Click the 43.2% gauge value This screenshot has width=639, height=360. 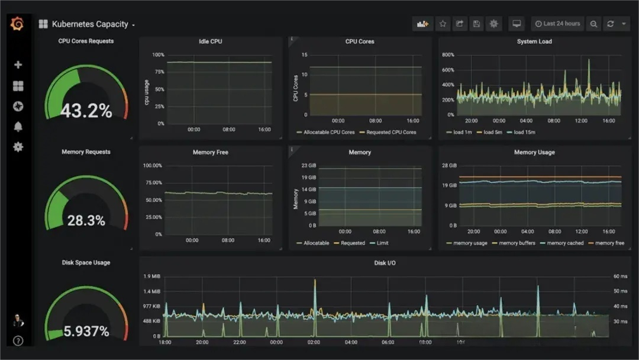86,111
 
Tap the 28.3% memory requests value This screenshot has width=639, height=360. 86,221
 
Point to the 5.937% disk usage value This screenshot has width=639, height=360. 86,332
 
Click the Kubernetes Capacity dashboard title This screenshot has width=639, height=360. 90,24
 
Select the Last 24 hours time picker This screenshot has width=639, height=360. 557,24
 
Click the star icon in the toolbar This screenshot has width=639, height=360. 443,24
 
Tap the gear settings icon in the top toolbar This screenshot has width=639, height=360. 494,24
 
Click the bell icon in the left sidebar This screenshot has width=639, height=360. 18,127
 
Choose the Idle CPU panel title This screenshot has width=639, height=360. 211,41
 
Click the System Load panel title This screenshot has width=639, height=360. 534,41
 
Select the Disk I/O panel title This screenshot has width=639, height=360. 385,263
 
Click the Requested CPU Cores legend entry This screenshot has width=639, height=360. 391,132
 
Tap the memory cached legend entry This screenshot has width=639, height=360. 565,243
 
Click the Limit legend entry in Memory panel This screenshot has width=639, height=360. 379,243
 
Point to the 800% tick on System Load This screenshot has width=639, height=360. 447,55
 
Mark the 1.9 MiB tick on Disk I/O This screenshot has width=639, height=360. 152,277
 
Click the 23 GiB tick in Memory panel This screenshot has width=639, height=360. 308,166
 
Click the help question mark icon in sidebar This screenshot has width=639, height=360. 18,340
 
